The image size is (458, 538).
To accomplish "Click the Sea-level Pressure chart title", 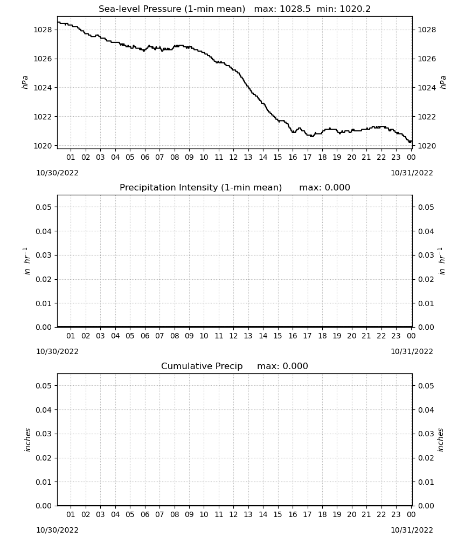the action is coord(172,9).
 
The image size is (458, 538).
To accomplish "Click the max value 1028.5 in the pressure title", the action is coord(295,9).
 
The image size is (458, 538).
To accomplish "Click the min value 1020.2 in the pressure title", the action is coord(355,9).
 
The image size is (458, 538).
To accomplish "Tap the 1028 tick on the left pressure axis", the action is coord(42,30).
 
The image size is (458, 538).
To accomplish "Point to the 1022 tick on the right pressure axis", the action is coord(426,117).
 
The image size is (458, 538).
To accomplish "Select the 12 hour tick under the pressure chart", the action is coord(233,157).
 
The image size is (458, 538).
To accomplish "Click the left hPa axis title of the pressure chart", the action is coord(25,82).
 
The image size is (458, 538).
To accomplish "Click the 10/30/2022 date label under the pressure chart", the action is coord(57,173).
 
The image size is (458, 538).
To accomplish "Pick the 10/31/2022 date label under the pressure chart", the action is coord(412,173).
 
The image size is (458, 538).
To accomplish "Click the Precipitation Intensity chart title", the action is coord(200,188).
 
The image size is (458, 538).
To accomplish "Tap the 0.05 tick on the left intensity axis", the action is coord(44,207).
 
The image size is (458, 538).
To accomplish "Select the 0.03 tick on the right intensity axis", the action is coord(426,255).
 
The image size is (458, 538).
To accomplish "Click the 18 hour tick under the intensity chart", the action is coord(322,336).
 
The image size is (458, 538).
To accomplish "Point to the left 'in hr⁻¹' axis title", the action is coord(26,261).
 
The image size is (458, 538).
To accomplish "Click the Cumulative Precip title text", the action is coord(202,366).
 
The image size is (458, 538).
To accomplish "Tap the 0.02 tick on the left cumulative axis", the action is coord(44,458).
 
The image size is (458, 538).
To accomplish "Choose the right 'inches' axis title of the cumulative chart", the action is coord(440,440).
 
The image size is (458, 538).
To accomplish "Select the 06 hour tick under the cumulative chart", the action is coord(144,514).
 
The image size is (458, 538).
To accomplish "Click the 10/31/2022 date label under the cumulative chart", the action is coord(412,530).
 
